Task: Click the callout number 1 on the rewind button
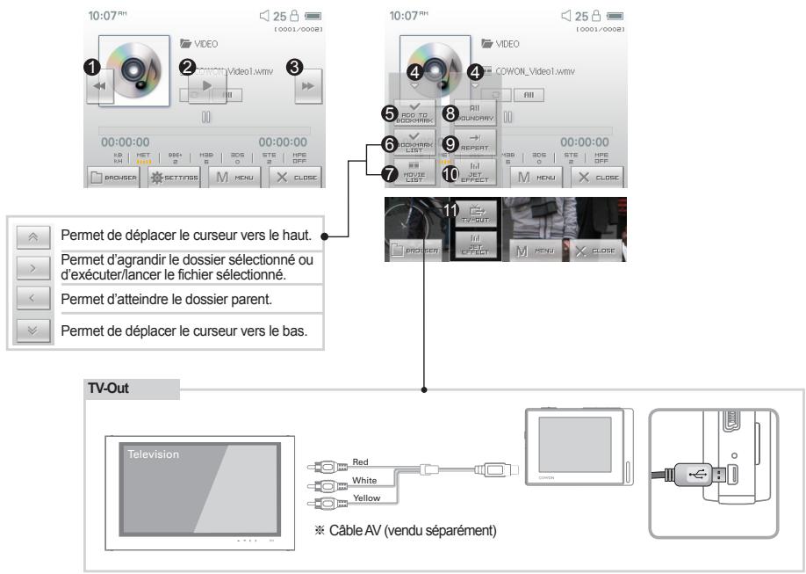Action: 91,66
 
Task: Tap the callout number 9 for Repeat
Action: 450,142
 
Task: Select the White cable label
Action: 365,480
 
